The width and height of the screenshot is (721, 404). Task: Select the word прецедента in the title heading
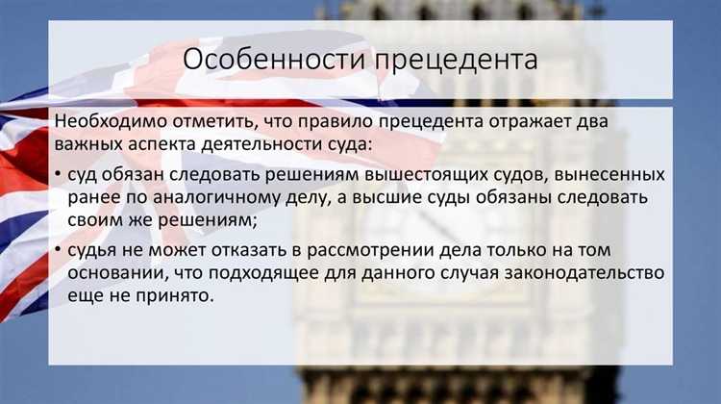point(457,60)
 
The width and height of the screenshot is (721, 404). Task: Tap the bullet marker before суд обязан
point(60,176)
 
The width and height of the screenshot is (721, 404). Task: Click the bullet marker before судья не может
point(60,251)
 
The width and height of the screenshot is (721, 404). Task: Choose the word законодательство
point(582,273)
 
